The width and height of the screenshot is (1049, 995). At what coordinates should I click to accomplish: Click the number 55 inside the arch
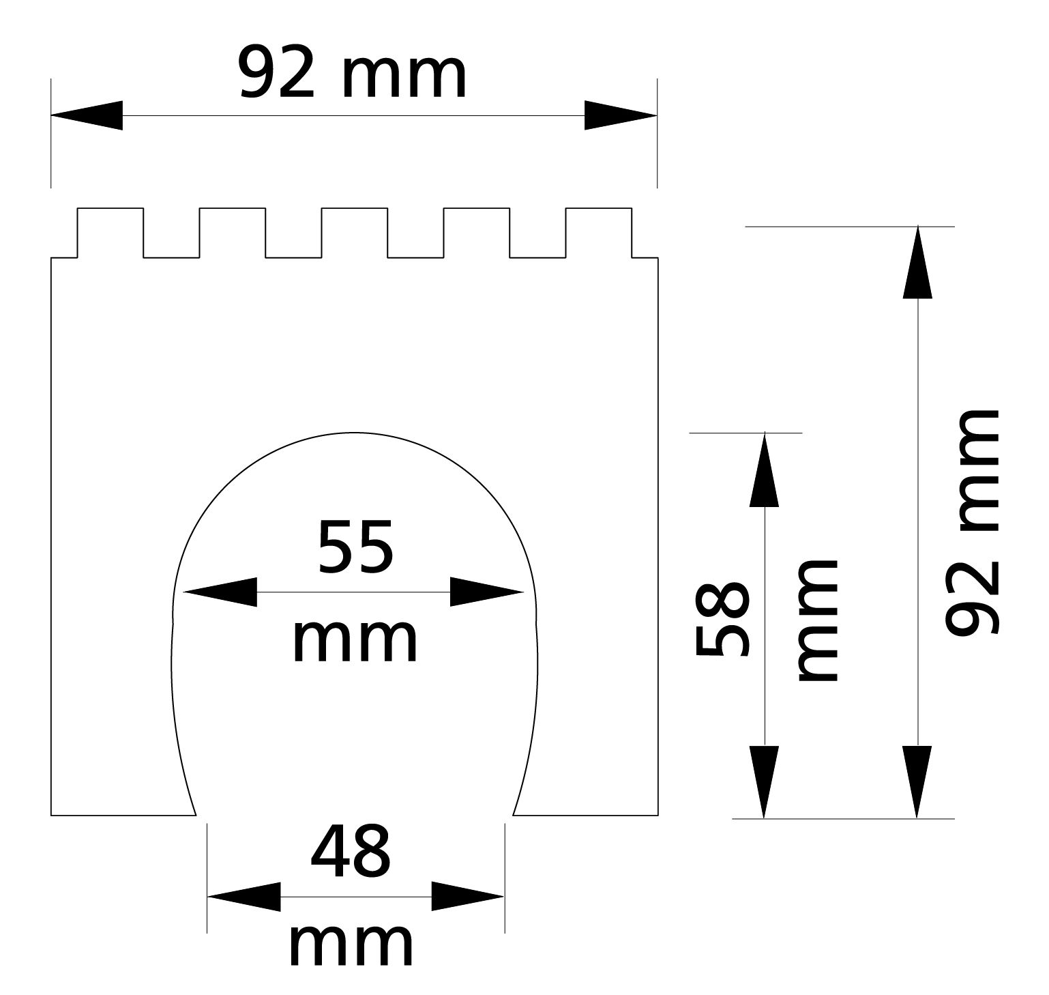pos(355,547)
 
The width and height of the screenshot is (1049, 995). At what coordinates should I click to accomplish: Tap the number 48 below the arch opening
pos(351,852)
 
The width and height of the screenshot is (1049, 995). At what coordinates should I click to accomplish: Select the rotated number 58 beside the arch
pos(723,620)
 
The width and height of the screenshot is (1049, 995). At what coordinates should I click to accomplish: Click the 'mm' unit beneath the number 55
pos(355,641)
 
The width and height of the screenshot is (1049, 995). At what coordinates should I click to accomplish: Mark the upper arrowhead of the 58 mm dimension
pos(765,471)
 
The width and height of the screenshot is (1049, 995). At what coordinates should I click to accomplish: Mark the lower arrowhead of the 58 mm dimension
pos(765,781)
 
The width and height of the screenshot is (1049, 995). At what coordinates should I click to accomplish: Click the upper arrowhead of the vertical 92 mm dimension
pos(917,263)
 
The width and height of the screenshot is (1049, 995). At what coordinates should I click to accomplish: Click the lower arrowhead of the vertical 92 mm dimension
pos(917,781)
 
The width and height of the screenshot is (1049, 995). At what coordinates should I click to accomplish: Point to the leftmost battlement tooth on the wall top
pos(110,233)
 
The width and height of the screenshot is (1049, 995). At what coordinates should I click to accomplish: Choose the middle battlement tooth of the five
pos(355,233)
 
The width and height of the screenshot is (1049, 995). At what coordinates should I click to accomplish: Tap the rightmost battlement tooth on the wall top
pos(599,233)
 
